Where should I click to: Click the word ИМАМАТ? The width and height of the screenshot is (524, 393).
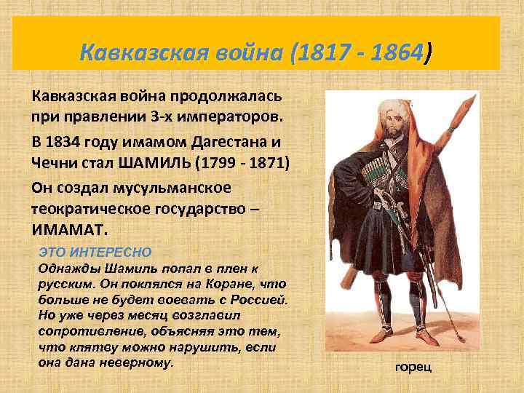pyautogui.click(x=68, y=229)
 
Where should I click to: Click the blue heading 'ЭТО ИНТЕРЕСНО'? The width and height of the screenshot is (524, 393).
pyautogui.click(x=95, y=252)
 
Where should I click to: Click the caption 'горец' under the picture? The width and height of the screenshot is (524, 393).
pyautogui.click(x=413, y=366)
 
